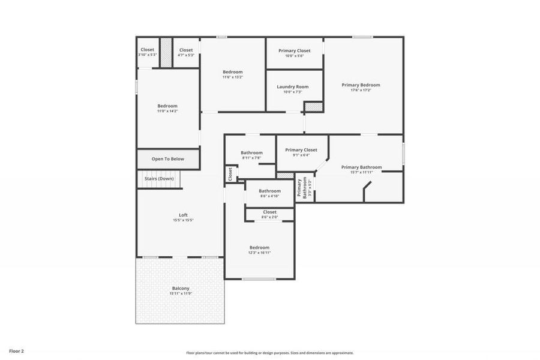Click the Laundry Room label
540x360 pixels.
click(293, 87)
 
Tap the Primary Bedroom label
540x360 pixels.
click(361, 85)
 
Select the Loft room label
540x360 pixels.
click(183, 215)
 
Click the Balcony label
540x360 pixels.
click(181, 289)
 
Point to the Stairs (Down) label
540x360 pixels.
click(159, 178)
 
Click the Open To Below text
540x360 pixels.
click(167, 159)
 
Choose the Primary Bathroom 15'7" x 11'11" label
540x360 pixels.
click(361, 167)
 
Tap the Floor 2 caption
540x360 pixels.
click(16, 350)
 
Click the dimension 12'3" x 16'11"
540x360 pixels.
click(259, 253)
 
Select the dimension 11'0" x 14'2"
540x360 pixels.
click(167, 111)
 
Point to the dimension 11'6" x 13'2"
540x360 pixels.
click(233, 77)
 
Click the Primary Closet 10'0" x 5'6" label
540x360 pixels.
click(295, 51)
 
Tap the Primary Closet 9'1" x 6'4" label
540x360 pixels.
click(301, 150)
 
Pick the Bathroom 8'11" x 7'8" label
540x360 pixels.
click(251, 153)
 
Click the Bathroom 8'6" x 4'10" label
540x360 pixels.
click(269, 191)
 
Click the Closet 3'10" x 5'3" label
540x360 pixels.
click(147, 50)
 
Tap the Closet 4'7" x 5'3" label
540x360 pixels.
click(186, 50)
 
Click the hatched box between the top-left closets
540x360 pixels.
click(166, 52)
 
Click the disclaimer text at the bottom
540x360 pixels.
click(270, 353)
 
